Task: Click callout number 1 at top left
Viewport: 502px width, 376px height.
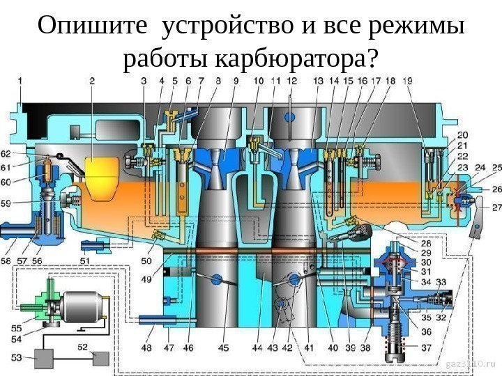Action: click(x=20, y=81)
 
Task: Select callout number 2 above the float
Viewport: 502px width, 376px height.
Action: click(x=92, y=81)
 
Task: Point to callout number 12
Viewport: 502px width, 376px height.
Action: click(x=291, y=81)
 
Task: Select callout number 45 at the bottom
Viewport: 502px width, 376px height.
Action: click(x=223, y=346)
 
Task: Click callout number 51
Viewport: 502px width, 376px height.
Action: click(x=84, y=260)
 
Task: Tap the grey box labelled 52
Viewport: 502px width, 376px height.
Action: click(x=100, y=358)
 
